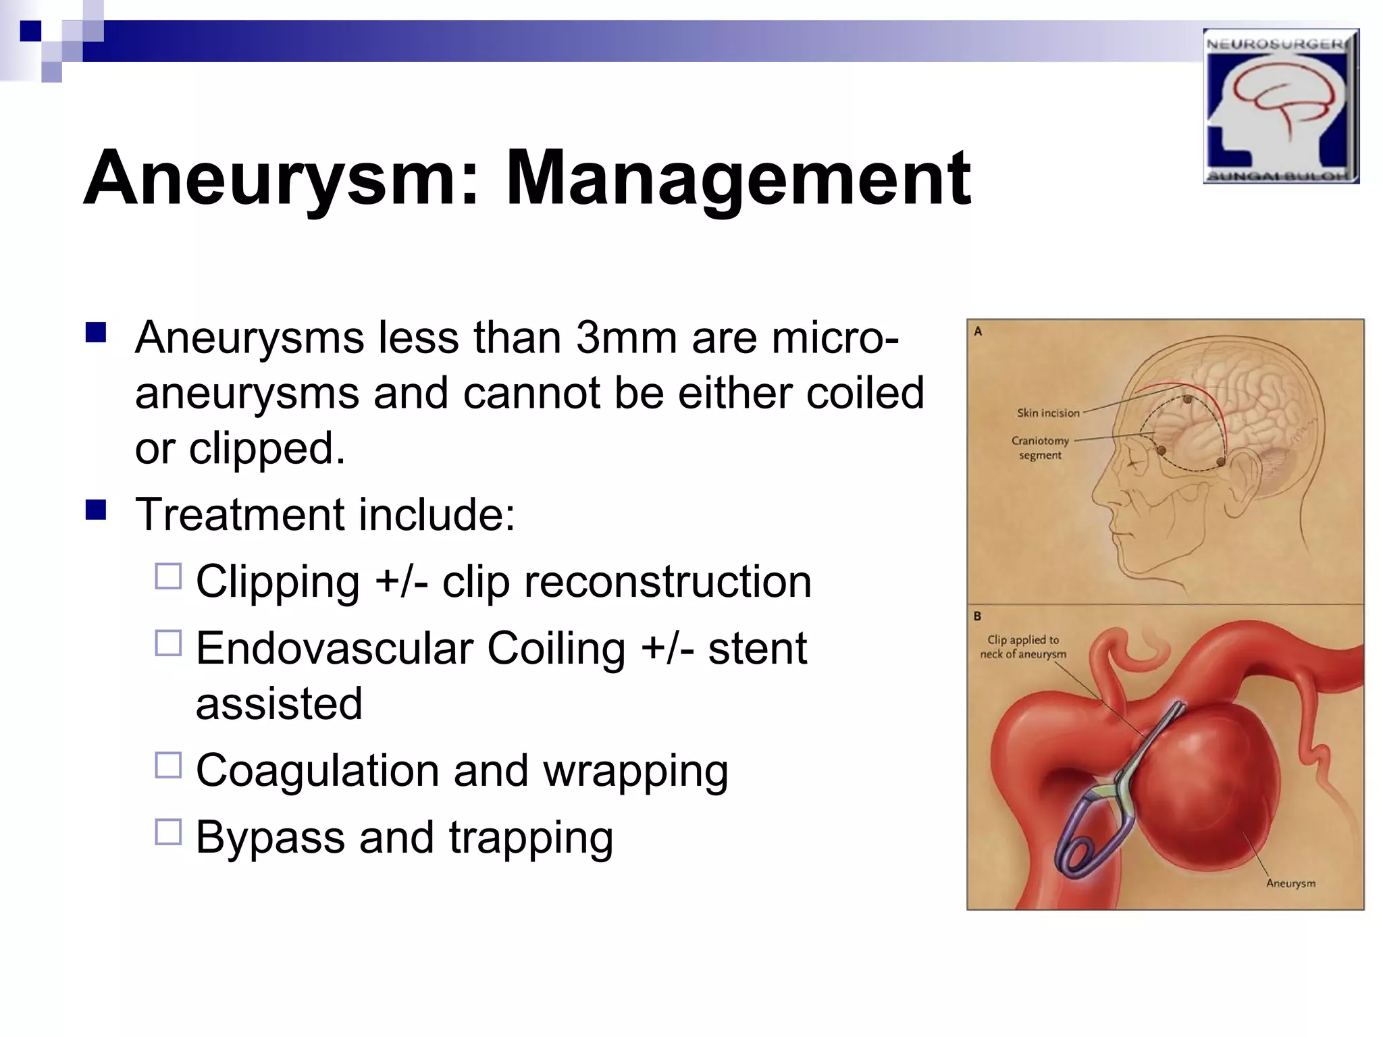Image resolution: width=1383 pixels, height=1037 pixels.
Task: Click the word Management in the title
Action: tap(737, 179)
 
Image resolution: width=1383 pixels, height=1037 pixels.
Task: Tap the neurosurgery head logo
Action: tap(1280, 106)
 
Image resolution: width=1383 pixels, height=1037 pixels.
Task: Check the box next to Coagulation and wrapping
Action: tap(168, 766)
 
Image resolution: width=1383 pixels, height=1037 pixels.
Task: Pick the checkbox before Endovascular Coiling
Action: tap(168, 643)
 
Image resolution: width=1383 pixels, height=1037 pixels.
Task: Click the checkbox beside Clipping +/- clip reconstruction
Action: tap(168, 577)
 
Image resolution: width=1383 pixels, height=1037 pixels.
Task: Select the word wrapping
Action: tap(635, 771)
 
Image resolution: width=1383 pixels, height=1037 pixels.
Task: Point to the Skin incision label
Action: tap(1048, 413)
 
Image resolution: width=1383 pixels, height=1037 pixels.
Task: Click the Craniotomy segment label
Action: tap(1040, 448)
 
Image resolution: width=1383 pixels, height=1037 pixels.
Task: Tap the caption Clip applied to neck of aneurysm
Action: tap(1023, 647)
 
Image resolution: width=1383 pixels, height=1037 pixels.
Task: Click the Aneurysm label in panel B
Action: tap(1290, 883)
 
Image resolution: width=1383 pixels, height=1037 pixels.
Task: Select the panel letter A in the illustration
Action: tap(978, 331)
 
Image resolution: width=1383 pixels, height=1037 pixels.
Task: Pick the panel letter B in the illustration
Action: tap(977, 616)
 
